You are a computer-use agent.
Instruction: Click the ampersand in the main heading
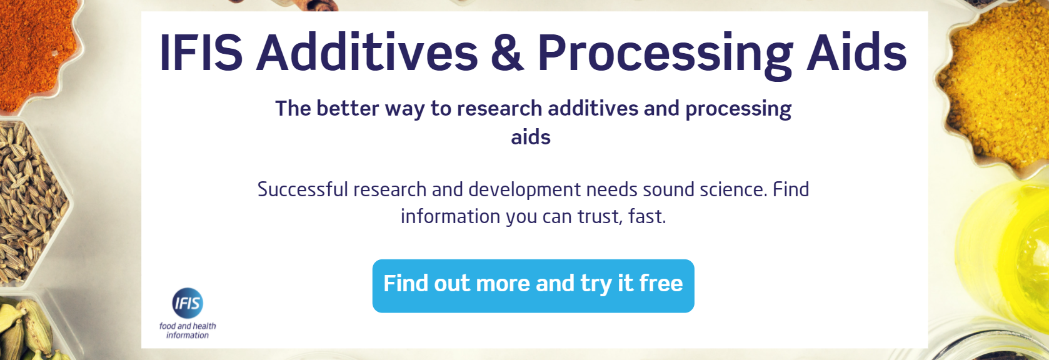506,53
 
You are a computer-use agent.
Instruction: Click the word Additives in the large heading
367,53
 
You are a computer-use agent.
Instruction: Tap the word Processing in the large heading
665,53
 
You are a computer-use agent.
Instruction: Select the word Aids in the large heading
856,53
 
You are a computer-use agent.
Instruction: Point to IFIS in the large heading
201,53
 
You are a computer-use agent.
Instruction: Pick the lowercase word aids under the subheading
531,137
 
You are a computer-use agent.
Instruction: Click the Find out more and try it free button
533,286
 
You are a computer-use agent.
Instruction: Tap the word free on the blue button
661,284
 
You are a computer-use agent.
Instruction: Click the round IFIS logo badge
188,303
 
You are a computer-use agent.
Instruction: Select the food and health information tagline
188,331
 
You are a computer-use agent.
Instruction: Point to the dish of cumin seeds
28,200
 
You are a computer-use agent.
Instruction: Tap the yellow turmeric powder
994,81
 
